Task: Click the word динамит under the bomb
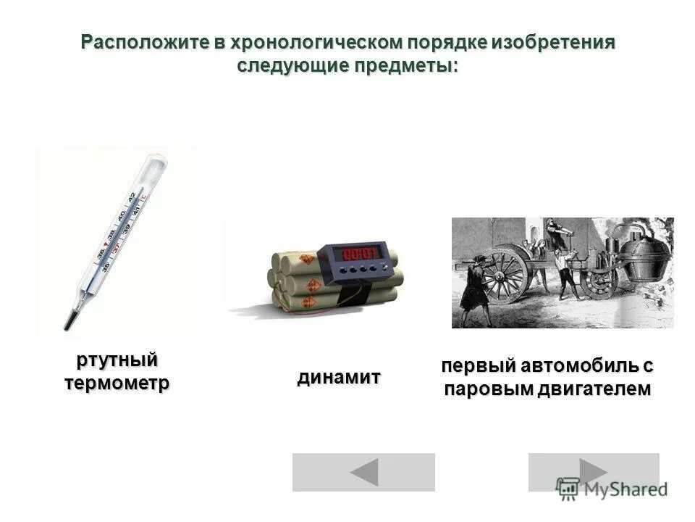(x=339, y=377)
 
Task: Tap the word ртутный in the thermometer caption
(x=117, y=360)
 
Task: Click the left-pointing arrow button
(x=363, y=472)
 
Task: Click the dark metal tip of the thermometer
(x=69, y=320)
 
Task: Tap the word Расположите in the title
(x=144, y=42)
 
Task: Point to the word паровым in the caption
(x=488, y=389)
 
